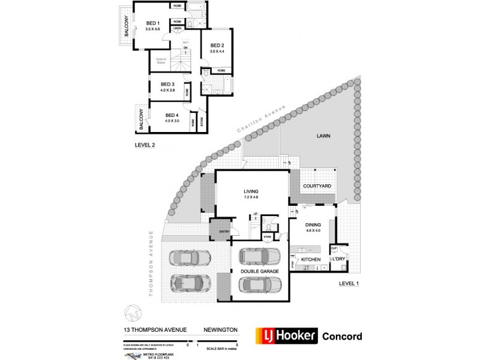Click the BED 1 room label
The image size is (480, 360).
(x=152, y=23)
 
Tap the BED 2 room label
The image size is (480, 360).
(x=217, y=46)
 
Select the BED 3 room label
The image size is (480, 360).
(x=167, y=84)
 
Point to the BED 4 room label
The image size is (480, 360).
(x=172, y=115)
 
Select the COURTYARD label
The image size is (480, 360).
(x=317, y=187)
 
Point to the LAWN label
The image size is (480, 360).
(x=324, y=136)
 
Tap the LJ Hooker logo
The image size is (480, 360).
(x=286, y=336)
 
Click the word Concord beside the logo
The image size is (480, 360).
(x=342, y=336)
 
